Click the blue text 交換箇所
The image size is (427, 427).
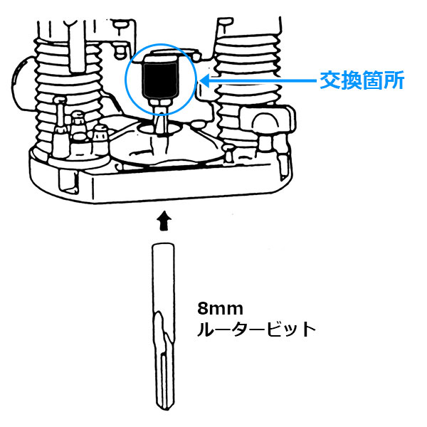pyautogui.click(x=362, y=80)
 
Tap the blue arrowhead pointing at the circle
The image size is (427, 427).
pyautogui.click(x=205, y=80)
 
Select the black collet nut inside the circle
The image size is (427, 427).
pyautogui.click(x=160, y=80)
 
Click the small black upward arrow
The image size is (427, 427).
pyautogui.click(x=164, y=221)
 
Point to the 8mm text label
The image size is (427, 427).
pyautogui.click(x=220, y=309)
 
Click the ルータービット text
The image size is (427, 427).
pyautogui.click(x=256, y=330)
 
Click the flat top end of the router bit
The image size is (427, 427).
pyautogui.click(x=162, y=244)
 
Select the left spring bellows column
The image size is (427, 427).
pyautogui.click(x=69, y=95)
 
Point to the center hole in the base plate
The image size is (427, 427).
pyautogui.click(x=160, y=128)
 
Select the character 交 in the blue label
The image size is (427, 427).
pyautogui.click(x=330, y=80)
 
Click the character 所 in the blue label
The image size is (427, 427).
pyautogui.click(x=394, y=80)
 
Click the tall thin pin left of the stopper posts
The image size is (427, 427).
pyautogui.click(x=60, y=115)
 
